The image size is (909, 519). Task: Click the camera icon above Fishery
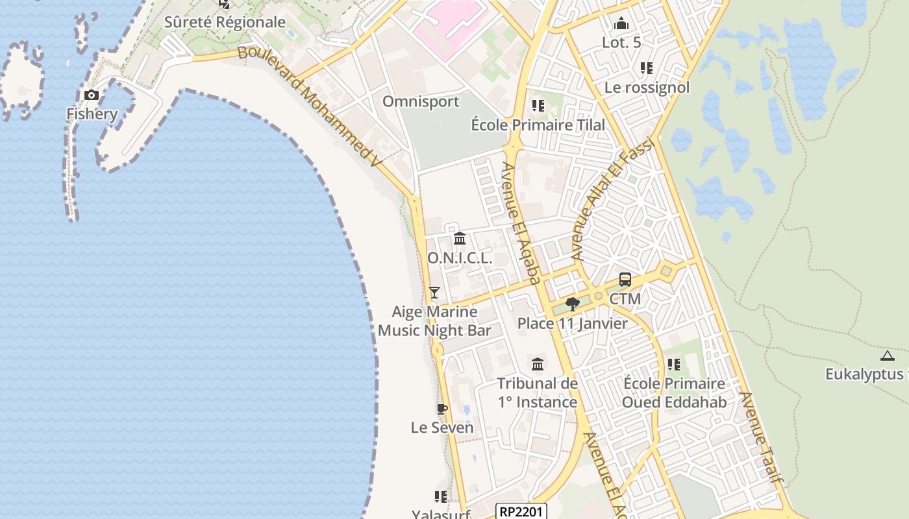pos(92,95)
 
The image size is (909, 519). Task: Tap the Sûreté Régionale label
pos(225,22)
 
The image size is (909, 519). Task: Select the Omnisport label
pos(421,101)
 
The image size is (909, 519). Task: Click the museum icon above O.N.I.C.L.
pos(460,239)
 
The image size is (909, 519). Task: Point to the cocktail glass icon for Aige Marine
pos(434,293)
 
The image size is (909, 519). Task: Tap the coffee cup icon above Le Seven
pos(442,409)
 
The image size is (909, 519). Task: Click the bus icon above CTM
pos(625,280)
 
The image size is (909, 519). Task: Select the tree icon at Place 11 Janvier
pos(573,304)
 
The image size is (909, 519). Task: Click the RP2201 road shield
pos(521,511)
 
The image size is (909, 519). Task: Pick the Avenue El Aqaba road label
pos(521,223)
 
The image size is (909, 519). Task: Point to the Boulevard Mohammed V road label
pos(308,107)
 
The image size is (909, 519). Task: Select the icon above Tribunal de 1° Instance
pos(538,364)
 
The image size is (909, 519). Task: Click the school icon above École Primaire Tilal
pos(538,105)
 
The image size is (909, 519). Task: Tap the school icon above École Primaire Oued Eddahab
pos(674,365)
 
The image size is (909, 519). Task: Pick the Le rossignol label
pos(647,87)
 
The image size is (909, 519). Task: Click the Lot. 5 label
pos(621,43)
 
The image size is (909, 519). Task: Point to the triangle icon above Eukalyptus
pos(887,356)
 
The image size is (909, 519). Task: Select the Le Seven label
pos(442,428)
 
